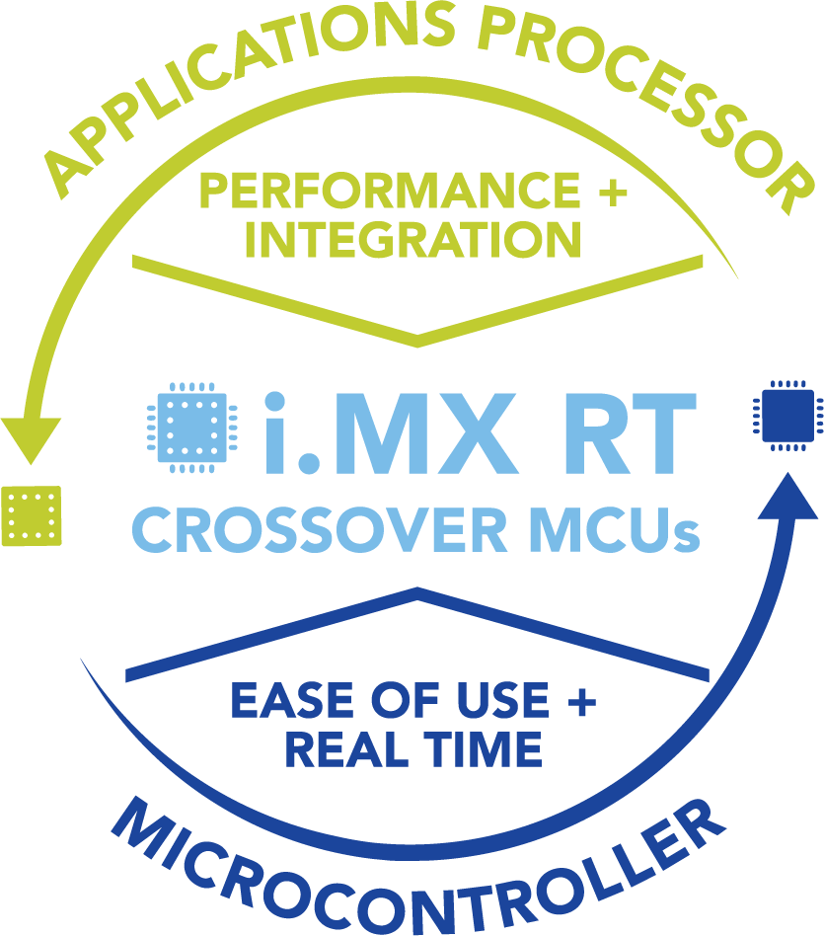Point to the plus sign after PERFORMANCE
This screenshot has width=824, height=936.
click(611, 191)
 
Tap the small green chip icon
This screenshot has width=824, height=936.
click(33, 513)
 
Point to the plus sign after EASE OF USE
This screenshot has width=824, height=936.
click(581, 702)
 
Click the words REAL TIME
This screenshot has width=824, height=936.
click(413, 750)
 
